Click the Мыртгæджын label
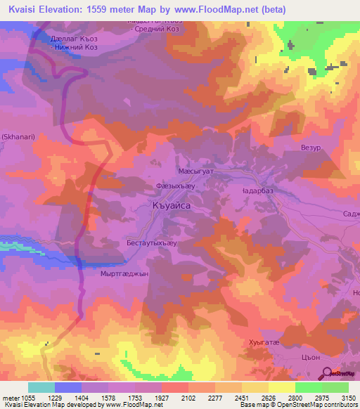127,274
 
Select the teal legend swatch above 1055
41,387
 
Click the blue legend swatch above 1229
68,387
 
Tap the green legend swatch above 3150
335,387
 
